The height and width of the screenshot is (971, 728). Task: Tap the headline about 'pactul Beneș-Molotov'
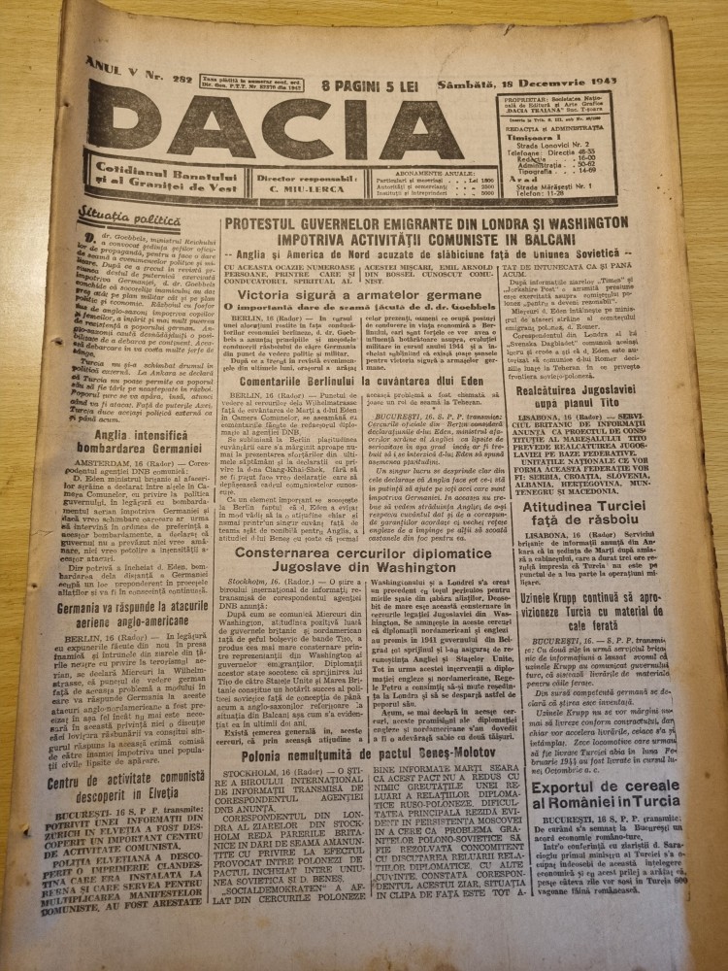388,724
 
